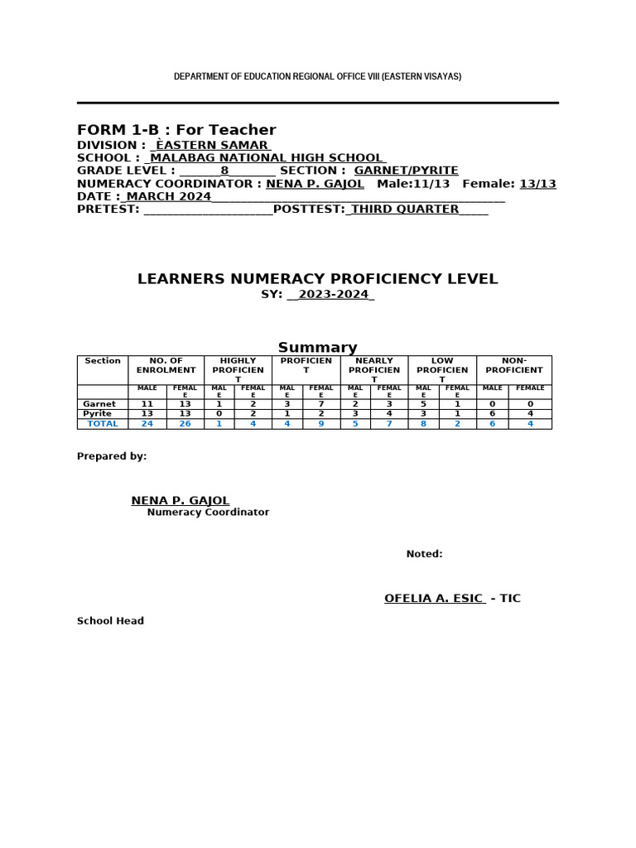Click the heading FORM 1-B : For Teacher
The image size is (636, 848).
(x=176, y=130)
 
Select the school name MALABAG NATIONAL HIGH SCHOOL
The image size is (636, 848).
(x=266, y=157)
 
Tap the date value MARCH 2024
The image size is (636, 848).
(x=168, y=196)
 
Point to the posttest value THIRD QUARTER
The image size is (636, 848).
(x=405, y=210)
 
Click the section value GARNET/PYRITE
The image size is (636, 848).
(x=406, y=171)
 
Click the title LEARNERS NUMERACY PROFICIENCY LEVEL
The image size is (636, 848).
(x=317, y=279)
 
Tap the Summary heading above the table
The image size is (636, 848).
(x=317, y=348)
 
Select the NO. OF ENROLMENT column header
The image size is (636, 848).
(x=166, y=365)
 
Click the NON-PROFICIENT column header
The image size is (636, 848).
(x=513, y=365)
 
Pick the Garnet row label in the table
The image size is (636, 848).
(x=99, y=404)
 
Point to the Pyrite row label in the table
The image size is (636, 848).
(x=98, y=413)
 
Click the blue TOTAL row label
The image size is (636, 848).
(x=103, y=423)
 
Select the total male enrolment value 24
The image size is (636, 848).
(x=147, y=423)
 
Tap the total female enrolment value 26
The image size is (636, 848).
(x=185, y=423)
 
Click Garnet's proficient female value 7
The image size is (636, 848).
(x=320, y=404)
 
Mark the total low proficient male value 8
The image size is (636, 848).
(x=423, y=423)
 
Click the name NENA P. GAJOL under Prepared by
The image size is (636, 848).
(x=181, y=500)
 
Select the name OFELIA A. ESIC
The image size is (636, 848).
(x=433, y=598)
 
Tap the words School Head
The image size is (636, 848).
(x=110, y=621)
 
